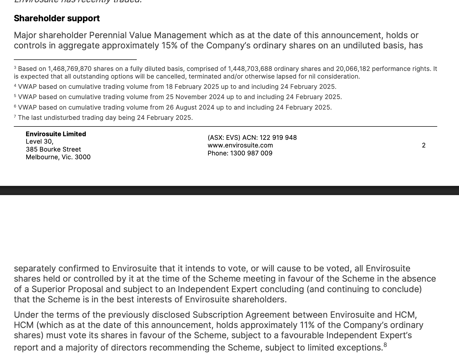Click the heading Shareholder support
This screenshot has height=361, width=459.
pyautogui.click(x=57, y=18)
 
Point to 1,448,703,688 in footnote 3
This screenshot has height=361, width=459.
pyautogui.click(x=250, y=69)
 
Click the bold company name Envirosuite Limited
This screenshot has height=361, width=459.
pyautogui.click(x=56, y=134)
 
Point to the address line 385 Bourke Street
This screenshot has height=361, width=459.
pyautogui.click(x=53, y=149)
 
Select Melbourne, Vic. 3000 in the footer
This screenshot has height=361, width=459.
pyautogui.click(x=58, y=157)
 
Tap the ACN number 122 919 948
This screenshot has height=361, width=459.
pyautogui.click(x=278, y=138)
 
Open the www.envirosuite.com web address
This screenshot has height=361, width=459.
pyautogui.click(x=240, y=145)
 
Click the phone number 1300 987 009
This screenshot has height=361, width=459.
pyautogui.click(x=251, y=153)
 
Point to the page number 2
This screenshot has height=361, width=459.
pyautogui.click(x=424, y=145)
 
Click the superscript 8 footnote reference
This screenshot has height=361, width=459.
pyautogui.click(x=385, y=345)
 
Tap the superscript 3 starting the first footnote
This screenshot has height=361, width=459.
pyautogui.click(x=15, y=68)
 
